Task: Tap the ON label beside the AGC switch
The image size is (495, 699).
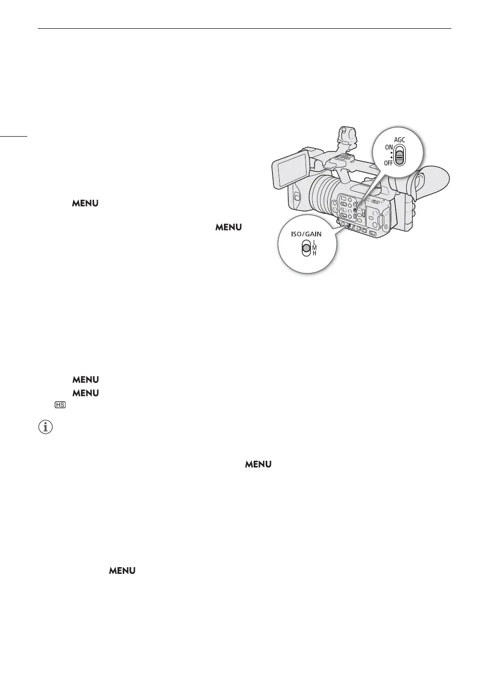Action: tap(389, 148)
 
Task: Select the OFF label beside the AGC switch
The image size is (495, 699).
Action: tap(388, 163)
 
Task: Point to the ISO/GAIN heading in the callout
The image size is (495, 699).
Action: tap(305, 234)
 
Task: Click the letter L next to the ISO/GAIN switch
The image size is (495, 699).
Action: tap(315, 242)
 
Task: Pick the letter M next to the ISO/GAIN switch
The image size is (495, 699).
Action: tap(315, 247)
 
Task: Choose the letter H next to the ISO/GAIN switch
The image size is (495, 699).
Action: tap(315, 253)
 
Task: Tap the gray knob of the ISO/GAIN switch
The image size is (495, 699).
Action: tap(306, 248)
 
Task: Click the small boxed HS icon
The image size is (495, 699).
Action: tap(60, 405)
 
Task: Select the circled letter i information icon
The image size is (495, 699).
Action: tap(45, 428)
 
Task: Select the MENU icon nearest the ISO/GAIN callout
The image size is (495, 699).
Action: tap(228, 227)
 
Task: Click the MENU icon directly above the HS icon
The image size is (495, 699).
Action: tap(85, 393)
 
